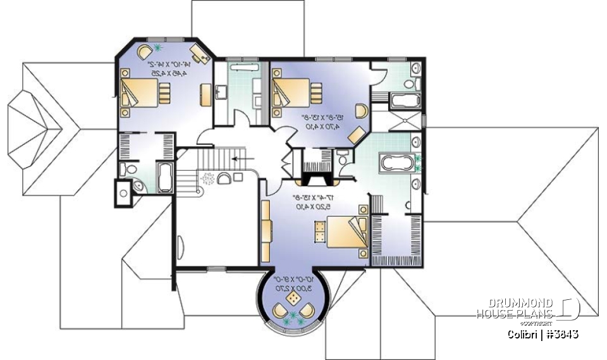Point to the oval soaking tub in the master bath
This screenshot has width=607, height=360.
click(396, 163)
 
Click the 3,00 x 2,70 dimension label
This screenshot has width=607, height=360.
click(293, 287)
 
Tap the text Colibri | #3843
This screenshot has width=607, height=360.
click(543, 333)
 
